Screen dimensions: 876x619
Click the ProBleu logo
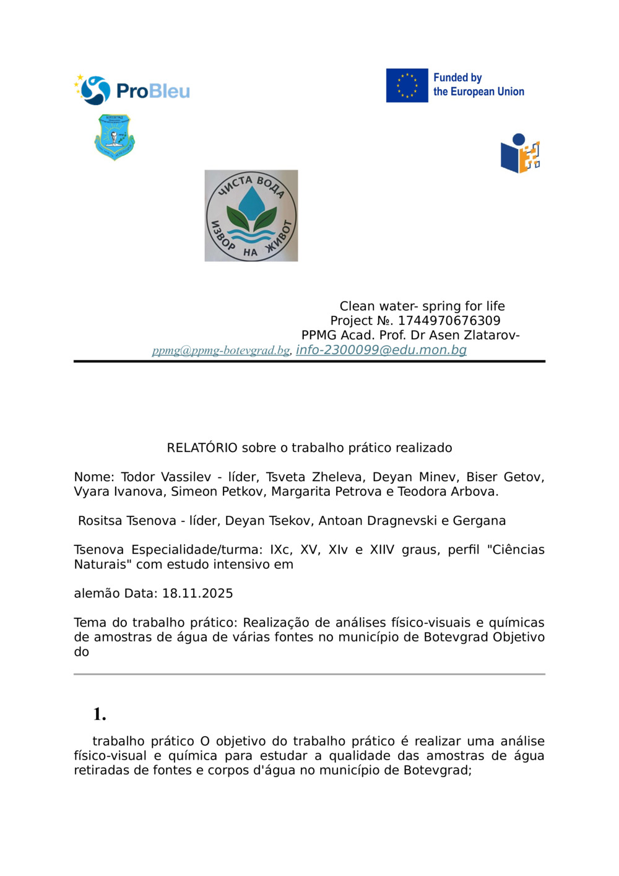[x=132, y=90]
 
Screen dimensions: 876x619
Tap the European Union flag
[x=407, y=85]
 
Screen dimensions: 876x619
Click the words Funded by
[x=457, y=77]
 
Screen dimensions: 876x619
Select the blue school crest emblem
[x=115, y=137]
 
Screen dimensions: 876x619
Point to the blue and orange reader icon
[x=520, y=154]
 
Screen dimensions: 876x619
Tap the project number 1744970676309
[x=449, y=321]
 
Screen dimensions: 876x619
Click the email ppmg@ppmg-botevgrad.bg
[x=221, y=350]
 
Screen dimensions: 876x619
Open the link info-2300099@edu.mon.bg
[x=381, y=350]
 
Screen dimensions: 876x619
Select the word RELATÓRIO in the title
[x=202, y=448]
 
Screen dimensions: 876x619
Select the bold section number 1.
[x=100, y=714]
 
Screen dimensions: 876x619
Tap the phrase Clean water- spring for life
[x=422, y=306]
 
